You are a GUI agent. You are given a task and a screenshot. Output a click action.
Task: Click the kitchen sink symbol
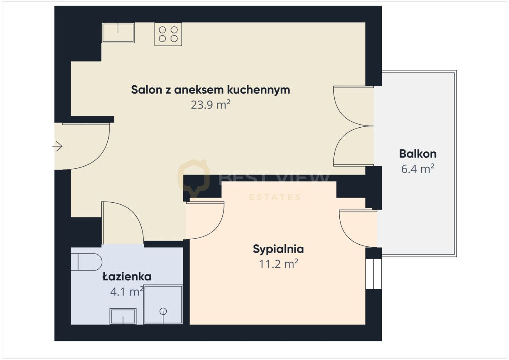[118, 33]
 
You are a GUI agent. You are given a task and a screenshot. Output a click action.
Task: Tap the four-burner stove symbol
[168, 34]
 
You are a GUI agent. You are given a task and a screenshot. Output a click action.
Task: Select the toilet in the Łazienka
[87, 262]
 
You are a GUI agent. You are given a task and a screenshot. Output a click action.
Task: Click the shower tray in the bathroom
[163, 305]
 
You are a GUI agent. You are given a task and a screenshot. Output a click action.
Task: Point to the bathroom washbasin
[123, 316]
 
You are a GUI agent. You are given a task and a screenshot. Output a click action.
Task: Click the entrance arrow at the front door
[57, 147]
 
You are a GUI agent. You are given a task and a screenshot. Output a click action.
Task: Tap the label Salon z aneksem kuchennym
[210, 90]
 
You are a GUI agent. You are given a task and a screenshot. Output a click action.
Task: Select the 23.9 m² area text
[210, 105]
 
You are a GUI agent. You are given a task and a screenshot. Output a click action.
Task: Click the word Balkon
[417, 153]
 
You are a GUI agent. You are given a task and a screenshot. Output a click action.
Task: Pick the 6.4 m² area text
[417, 169]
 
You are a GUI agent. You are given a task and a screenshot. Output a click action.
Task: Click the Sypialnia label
[278, 249]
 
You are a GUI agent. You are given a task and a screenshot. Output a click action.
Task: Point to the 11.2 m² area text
[278, 264]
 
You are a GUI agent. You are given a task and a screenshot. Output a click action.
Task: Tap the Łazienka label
[127, 277]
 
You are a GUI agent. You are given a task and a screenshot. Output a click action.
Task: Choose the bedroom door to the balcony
[357, 228]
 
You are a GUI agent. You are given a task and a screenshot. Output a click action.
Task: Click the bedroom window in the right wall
[373, 274]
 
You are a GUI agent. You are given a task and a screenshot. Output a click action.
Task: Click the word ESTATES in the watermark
[274, 197]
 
